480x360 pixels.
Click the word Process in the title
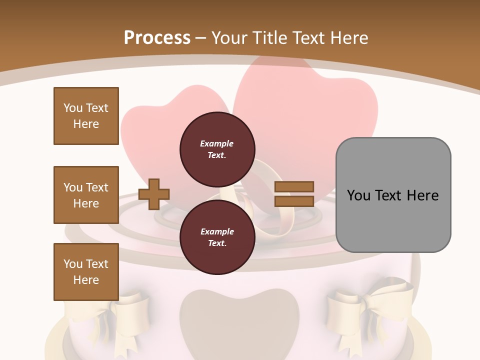coord(157,38)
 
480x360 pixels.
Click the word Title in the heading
coord(268,38)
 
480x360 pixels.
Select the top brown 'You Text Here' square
coord(86,116)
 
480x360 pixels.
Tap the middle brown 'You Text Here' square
coord(86,195)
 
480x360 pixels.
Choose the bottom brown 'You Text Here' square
coord(86,272)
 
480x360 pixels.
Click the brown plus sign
coord(154,193)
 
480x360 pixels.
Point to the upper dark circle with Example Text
coord(217,149)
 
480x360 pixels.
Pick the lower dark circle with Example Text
coord(217,237)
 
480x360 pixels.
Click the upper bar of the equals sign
coord(294,186)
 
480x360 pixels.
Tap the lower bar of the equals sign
coord(294,201)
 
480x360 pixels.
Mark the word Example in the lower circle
coord(217,231)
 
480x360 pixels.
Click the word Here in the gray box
coord(423,195)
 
